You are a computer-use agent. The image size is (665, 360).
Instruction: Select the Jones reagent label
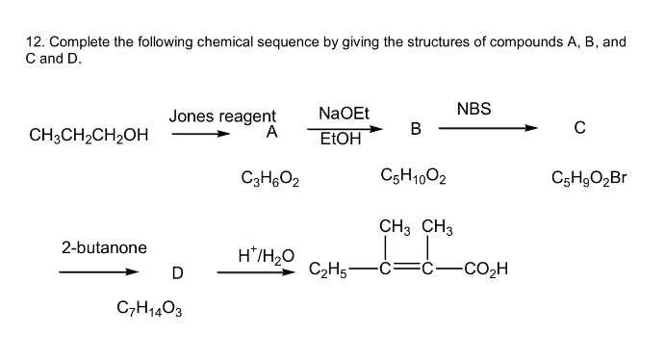222,116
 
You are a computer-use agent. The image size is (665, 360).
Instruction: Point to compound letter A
272,134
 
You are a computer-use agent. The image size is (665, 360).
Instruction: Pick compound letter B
416,128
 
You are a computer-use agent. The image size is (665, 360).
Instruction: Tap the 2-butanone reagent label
104,247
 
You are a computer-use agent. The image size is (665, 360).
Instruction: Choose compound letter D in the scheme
176,272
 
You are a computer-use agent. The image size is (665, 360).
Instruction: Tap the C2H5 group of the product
328,270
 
